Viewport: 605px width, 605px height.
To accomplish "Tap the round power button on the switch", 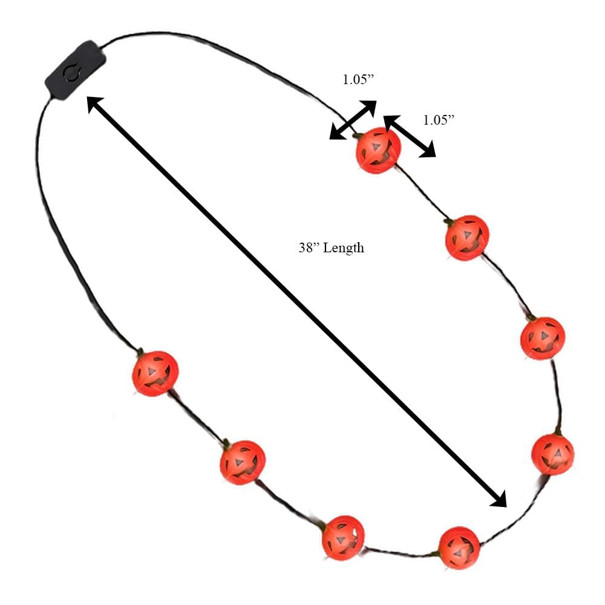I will [x=71, y=74].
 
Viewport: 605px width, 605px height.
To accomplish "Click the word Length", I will [x=344, y=247].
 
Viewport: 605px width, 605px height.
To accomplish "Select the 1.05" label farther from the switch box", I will [x=438, y=120].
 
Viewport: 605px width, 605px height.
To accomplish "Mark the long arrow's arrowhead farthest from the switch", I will [x=499, y=499].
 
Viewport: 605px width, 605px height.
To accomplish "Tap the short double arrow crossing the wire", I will [x=353, y=120].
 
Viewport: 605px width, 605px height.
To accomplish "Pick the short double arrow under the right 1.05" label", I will [x=410, y=136].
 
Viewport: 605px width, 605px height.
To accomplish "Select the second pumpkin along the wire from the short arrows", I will [x=467, y=237].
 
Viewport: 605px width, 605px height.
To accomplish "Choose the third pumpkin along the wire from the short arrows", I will [x=543, y=338].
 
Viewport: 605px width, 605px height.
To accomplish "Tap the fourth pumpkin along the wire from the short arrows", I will [x=552, y=454].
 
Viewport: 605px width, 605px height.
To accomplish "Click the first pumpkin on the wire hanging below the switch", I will [x=155, y=373].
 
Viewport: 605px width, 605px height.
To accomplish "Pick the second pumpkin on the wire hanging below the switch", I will [x=242, y=462].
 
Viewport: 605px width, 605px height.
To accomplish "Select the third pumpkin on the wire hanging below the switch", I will [x=343, y=537].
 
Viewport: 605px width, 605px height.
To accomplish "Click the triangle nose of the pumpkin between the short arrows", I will [x=376, y=146].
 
